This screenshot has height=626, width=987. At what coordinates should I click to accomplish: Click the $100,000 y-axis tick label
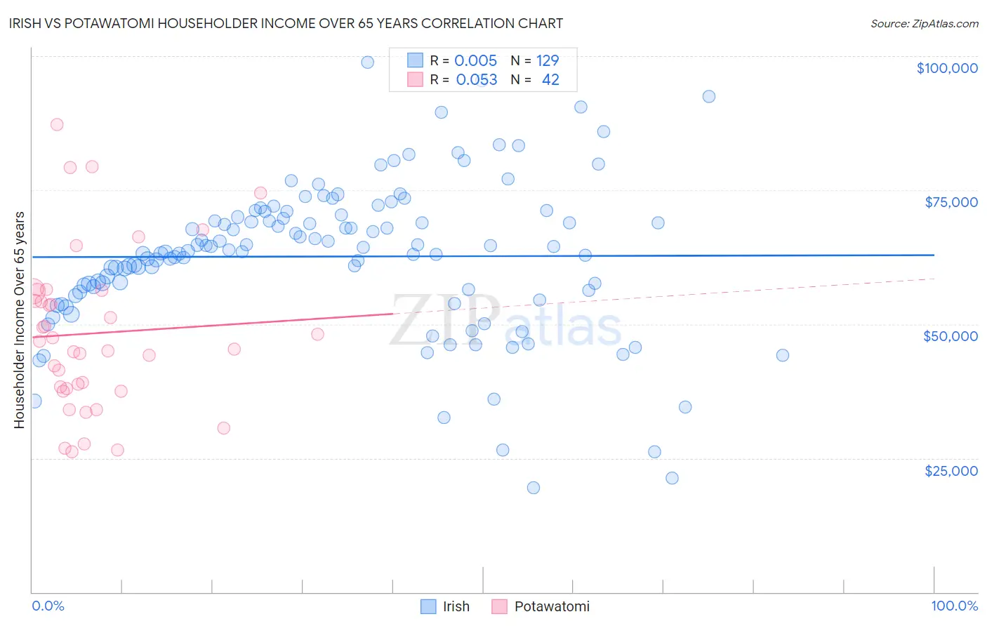[x=946, y=68]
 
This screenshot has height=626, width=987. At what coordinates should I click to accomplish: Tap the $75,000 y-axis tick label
[x=950, y=202]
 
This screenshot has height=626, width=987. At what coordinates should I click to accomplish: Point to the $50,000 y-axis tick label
[x=950, y=336]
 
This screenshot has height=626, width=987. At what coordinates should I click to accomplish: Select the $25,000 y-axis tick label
[x=950, y=471]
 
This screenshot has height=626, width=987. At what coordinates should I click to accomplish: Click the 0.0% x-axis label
[x=48, y=606]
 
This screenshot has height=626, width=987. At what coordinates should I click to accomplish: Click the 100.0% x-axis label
[x=954, y=606]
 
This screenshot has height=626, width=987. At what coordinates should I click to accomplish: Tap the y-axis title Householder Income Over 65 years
[x=20, y=319]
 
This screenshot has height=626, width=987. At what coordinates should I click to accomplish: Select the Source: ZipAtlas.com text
[x=924, y=23]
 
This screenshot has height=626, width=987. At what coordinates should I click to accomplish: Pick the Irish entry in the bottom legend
[x=456, y=606]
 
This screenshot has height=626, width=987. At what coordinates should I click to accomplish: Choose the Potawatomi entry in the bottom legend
[x=551, y=606]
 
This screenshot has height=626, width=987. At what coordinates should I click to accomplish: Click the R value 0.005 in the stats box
[x=475, y=60]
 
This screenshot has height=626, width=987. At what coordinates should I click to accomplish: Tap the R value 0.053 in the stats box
[x=476, y=79]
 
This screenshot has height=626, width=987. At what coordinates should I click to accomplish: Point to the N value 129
[x=548, y=60]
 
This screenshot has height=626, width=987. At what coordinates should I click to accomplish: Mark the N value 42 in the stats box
[x=550, y=79]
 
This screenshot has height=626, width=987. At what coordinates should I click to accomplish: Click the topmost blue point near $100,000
[x=367, y=62]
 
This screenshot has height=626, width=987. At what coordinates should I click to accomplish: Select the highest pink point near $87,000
[x=57, y=124]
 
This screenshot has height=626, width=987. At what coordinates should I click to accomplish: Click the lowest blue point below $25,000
[x=534, y=488]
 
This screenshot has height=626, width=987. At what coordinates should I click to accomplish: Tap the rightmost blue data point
[x=783, y=355]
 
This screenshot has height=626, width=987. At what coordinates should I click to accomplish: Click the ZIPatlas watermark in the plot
[x=505, y=321]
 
